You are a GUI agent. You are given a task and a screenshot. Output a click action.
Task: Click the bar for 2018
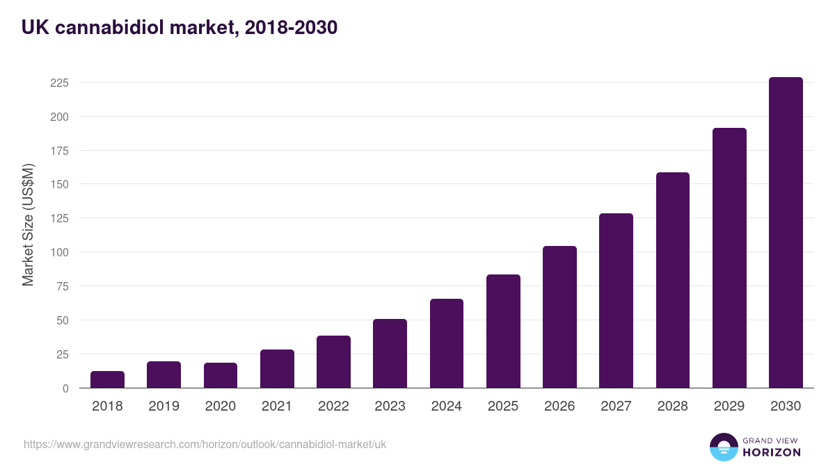coord(107,379)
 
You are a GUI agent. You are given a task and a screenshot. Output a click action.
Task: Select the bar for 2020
coord(221,375)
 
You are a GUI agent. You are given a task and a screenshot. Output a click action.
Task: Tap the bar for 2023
coord(390,354)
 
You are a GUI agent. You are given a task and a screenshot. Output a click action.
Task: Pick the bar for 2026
coord(559,317)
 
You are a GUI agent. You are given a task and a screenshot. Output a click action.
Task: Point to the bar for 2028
coord(672,280)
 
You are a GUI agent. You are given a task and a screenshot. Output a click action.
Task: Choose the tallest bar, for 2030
coord(786,233)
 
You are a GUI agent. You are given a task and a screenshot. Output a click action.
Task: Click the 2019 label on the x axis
coord(164,406)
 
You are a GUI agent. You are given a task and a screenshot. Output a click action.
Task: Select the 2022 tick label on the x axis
coord(333,406)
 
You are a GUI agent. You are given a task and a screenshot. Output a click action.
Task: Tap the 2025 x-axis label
coord(503,406)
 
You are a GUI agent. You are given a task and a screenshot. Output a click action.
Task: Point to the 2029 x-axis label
coord(729,406)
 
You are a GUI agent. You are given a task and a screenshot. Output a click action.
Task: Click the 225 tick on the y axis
coord(59,83)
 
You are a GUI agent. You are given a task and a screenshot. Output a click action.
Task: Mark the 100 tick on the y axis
coord(59,252)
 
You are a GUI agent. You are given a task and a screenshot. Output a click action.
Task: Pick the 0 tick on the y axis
coord(65,388)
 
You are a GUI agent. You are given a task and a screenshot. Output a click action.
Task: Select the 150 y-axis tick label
coord(59,184)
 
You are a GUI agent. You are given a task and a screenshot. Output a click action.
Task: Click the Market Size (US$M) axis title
coord(28,224)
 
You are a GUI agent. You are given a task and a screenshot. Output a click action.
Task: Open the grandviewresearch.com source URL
coord(205,444)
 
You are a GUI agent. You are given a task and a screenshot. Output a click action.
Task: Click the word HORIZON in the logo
coord(772,452)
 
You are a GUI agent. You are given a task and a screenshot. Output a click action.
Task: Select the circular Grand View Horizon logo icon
coord(724,447)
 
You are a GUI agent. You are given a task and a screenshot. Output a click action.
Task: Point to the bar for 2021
coord(277,369)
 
